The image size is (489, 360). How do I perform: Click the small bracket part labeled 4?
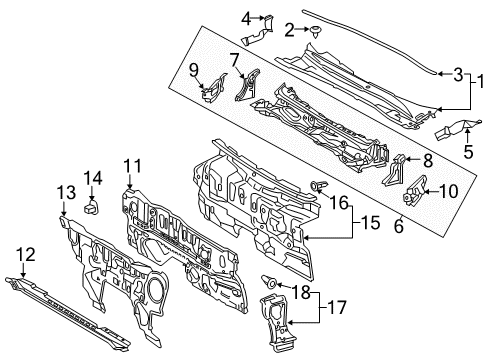point(262,32)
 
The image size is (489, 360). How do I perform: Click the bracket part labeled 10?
point(412,196)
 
